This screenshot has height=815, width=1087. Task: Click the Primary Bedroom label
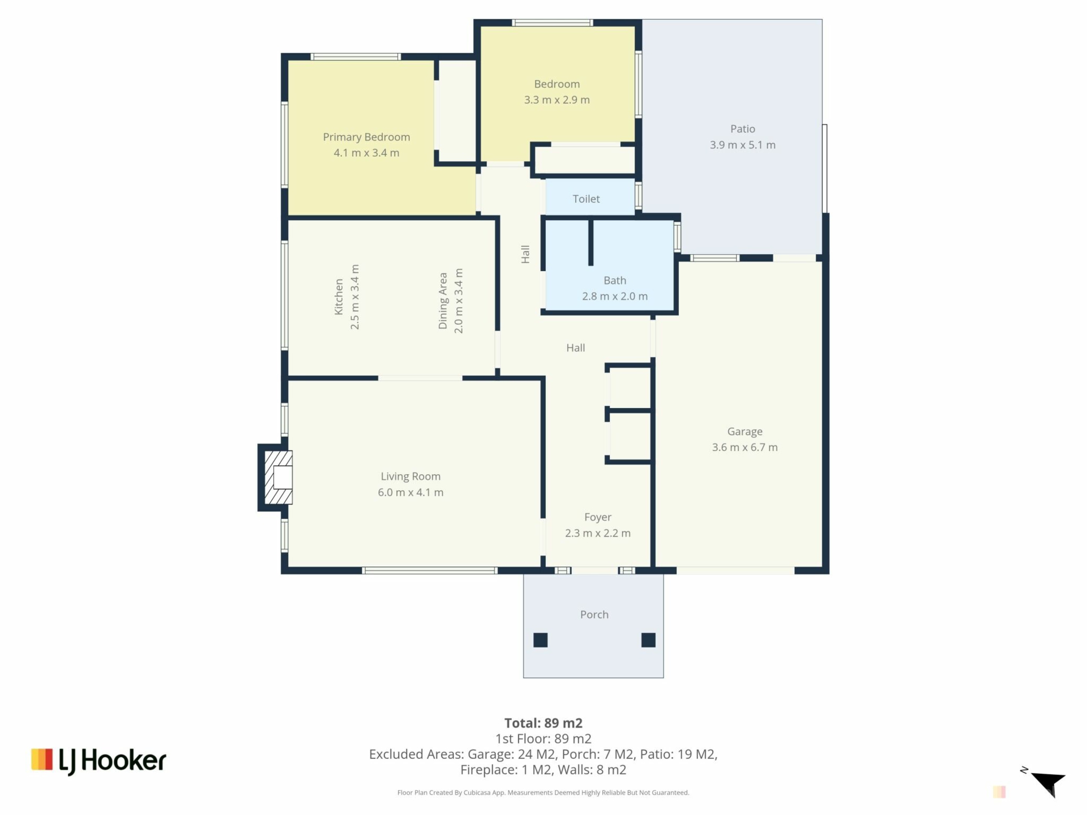(366, 137)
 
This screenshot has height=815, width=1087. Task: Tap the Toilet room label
(586, 199)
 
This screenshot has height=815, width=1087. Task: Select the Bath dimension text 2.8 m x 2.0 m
(615, 296)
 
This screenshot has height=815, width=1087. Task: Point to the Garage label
(744, 432)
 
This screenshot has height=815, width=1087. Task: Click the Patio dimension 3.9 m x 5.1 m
(743, 145)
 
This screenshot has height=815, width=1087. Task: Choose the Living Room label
(410, 477)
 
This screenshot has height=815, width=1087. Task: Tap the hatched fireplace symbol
(279, 477)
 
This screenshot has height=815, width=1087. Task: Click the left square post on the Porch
(541, 640)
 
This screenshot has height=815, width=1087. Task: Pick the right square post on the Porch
(648, 640)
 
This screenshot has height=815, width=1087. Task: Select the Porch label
(594, 615)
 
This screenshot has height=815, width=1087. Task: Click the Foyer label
(598, 517)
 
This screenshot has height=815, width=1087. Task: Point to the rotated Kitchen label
(339, 297)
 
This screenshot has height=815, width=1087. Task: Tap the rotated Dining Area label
(443, 301)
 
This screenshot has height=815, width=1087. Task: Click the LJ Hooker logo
(99, 761)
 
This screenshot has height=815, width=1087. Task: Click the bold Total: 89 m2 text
(543, 723)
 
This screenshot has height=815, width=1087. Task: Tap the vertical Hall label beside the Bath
(525, 254)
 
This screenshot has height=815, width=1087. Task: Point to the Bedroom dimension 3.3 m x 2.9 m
(557, 100)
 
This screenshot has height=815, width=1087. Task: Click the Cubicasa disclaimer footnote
(543, 792)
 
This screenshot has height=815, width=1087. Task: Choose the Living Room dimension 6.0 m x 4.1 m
(410, 492)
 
